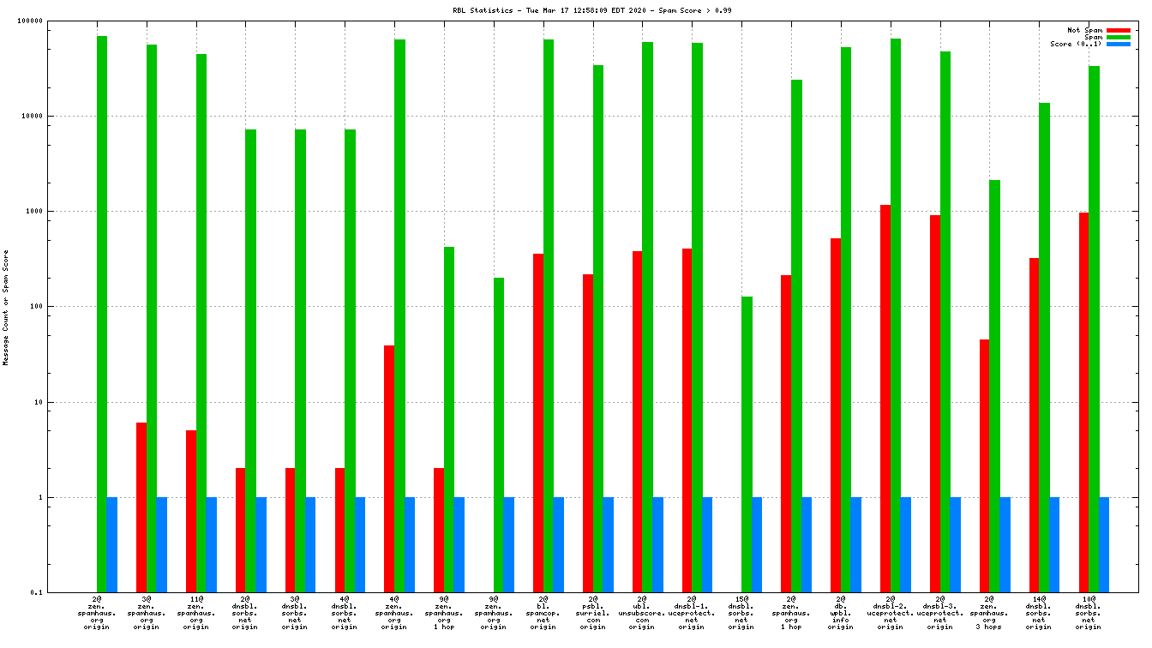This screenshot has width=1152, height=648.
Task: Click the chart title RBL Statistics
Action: [592, 10]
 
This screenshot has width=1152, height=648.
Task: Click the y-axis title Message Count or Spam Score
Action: [6, 308]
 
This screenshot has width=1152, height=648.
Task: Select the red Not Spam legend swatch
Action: [1119, 30]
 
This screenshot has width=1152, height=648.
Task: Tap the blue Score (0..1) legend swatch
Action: [1119, 44]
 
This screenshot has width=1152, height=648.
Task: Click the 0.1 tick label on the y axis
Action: [59, 592]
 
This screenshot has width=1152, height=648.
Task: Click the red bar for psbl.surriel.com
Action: [588, 433]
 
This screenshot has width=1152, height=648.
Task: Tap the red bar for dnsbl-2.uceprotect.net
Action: [885, 399]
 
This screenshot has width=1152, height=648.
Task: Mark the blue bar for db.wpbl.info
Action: [856, 544]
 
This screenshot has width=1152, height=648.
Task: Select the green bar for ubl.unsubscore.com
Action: [648, 317]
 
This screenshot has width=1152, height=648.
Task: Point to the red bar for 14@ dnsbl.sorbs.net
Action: [1035, 425]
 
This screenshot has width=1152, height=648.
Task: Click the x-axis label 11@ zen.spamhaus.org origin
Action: [196, 613]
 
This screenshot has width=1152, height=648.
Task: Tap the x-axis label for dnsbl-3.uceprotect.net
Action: [940, 613]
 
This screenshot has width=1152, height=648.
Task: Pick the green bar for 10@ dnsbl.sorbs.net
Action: [1094, 329]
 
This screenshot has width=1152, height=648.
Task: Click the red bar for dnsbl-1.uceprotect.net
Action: [687, 420]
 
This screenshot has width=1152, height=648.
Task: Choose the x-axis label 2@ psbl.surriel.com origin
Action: [592, 613]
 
